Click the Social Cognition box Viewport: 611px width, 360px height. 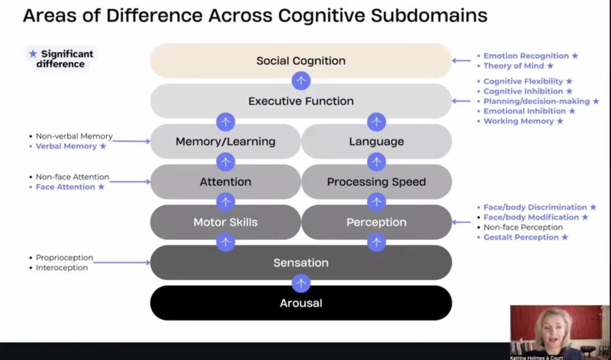tap(301, 61)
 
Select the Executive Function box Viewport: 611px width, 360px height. tap(301, 101)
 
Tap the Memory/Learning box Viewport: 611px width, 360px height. tap(225, 142)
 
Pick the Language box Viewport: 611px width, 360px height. tap(376, 142)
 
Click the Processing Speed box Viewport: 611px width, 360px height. tap(376, 182)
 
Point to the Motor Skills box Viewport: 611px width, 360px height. tap(225, 222)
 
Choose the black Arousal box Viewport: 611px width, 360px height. tap(301, 303)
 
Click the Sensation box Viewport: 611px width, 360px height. tap(301, 263)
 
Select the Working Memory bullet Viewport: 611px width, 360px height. tap(519, 121)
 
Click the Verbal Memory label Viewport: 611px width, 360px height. tap(66, 147)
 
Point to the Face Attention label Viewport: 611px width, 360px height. tap(65, 187)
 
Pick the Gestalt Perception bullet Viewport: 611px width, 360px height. tap(521, 237)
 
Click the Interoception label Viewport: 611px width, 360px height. tap(62, 268)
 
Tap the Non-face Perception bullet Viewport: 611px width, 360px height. tap(523, 227)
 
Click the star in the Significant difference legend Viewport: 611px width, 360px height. tap(33, 54)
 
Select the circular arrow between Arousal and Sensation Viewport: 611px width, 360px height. tap(301, 283)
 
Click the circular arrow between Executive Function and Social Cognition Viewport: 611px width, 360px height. tap(301, 81)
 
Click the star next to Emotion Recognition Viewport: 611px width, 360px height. tap(574, 56)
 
